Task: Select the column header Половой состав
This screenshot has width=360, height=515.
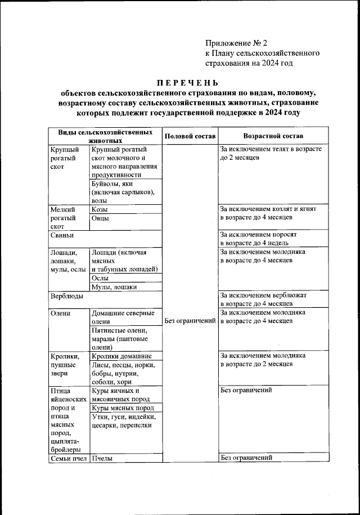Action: pyautogui.click(x=190, y=137)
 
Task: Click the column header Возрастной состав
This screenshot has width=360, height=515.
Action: pyautogui.click(x=273, y=137)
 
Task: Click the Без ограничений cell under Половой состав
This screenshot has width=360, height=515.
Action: pyautogui.click(x=190, y=321)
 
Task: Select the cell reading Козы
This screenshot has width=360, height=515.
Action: pyautogui.click(x=100, y=209)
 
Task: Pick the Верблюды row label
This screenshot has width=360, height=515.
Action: pyautogui.click(x=66, y=295)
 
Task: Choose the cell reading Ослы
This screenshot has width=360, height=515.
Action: pyautogui.click(x=100, y=278)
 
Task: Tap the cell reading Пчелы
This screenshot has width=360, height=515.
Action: pyautogui.click(x=102, y=458)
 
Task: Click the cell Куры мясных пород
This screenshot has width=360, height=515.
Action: pyautogui.click(x=122, y=407)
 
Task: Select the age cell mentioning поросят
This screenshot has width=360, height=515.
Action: pyautogui.click(x=262, y=238)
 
